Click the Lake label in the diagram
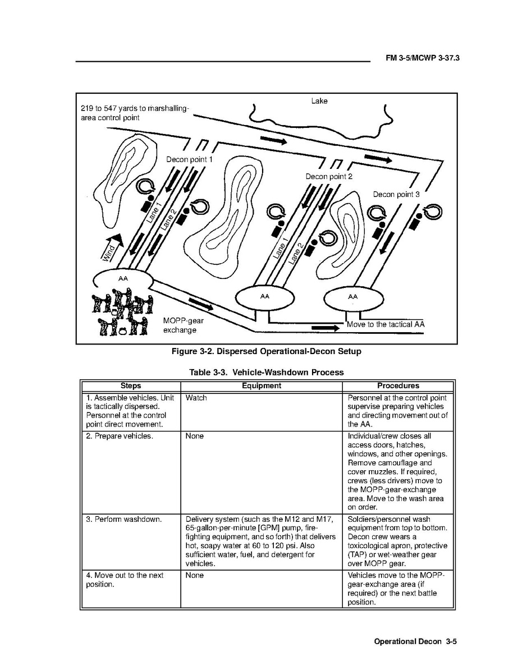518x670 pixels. click(x=319, y=101)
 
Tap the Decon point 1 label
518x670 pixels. click(x=189, y=159)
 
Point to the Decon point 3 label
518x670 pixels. click(x=396, y=194)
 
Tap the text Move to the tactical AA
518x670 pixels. click(x=386, y=324)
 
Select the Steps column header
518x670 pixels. click(x=130, y=386)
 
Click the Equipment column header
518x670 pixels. click(x=261, y=386)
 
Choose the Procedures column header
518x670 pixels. click(x=398, y=386)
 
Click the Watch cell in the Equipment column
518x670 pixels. click(x=196, y=398)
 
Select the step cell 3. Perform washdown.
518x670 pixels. click(x=124, y=519)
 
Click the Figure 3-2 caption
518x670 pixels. click(x=266, y=352)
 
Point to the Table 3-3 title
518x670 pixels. click(x=266, y=372)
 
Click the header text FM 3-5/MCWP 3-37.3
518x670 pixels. click(x=423, y=58)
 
